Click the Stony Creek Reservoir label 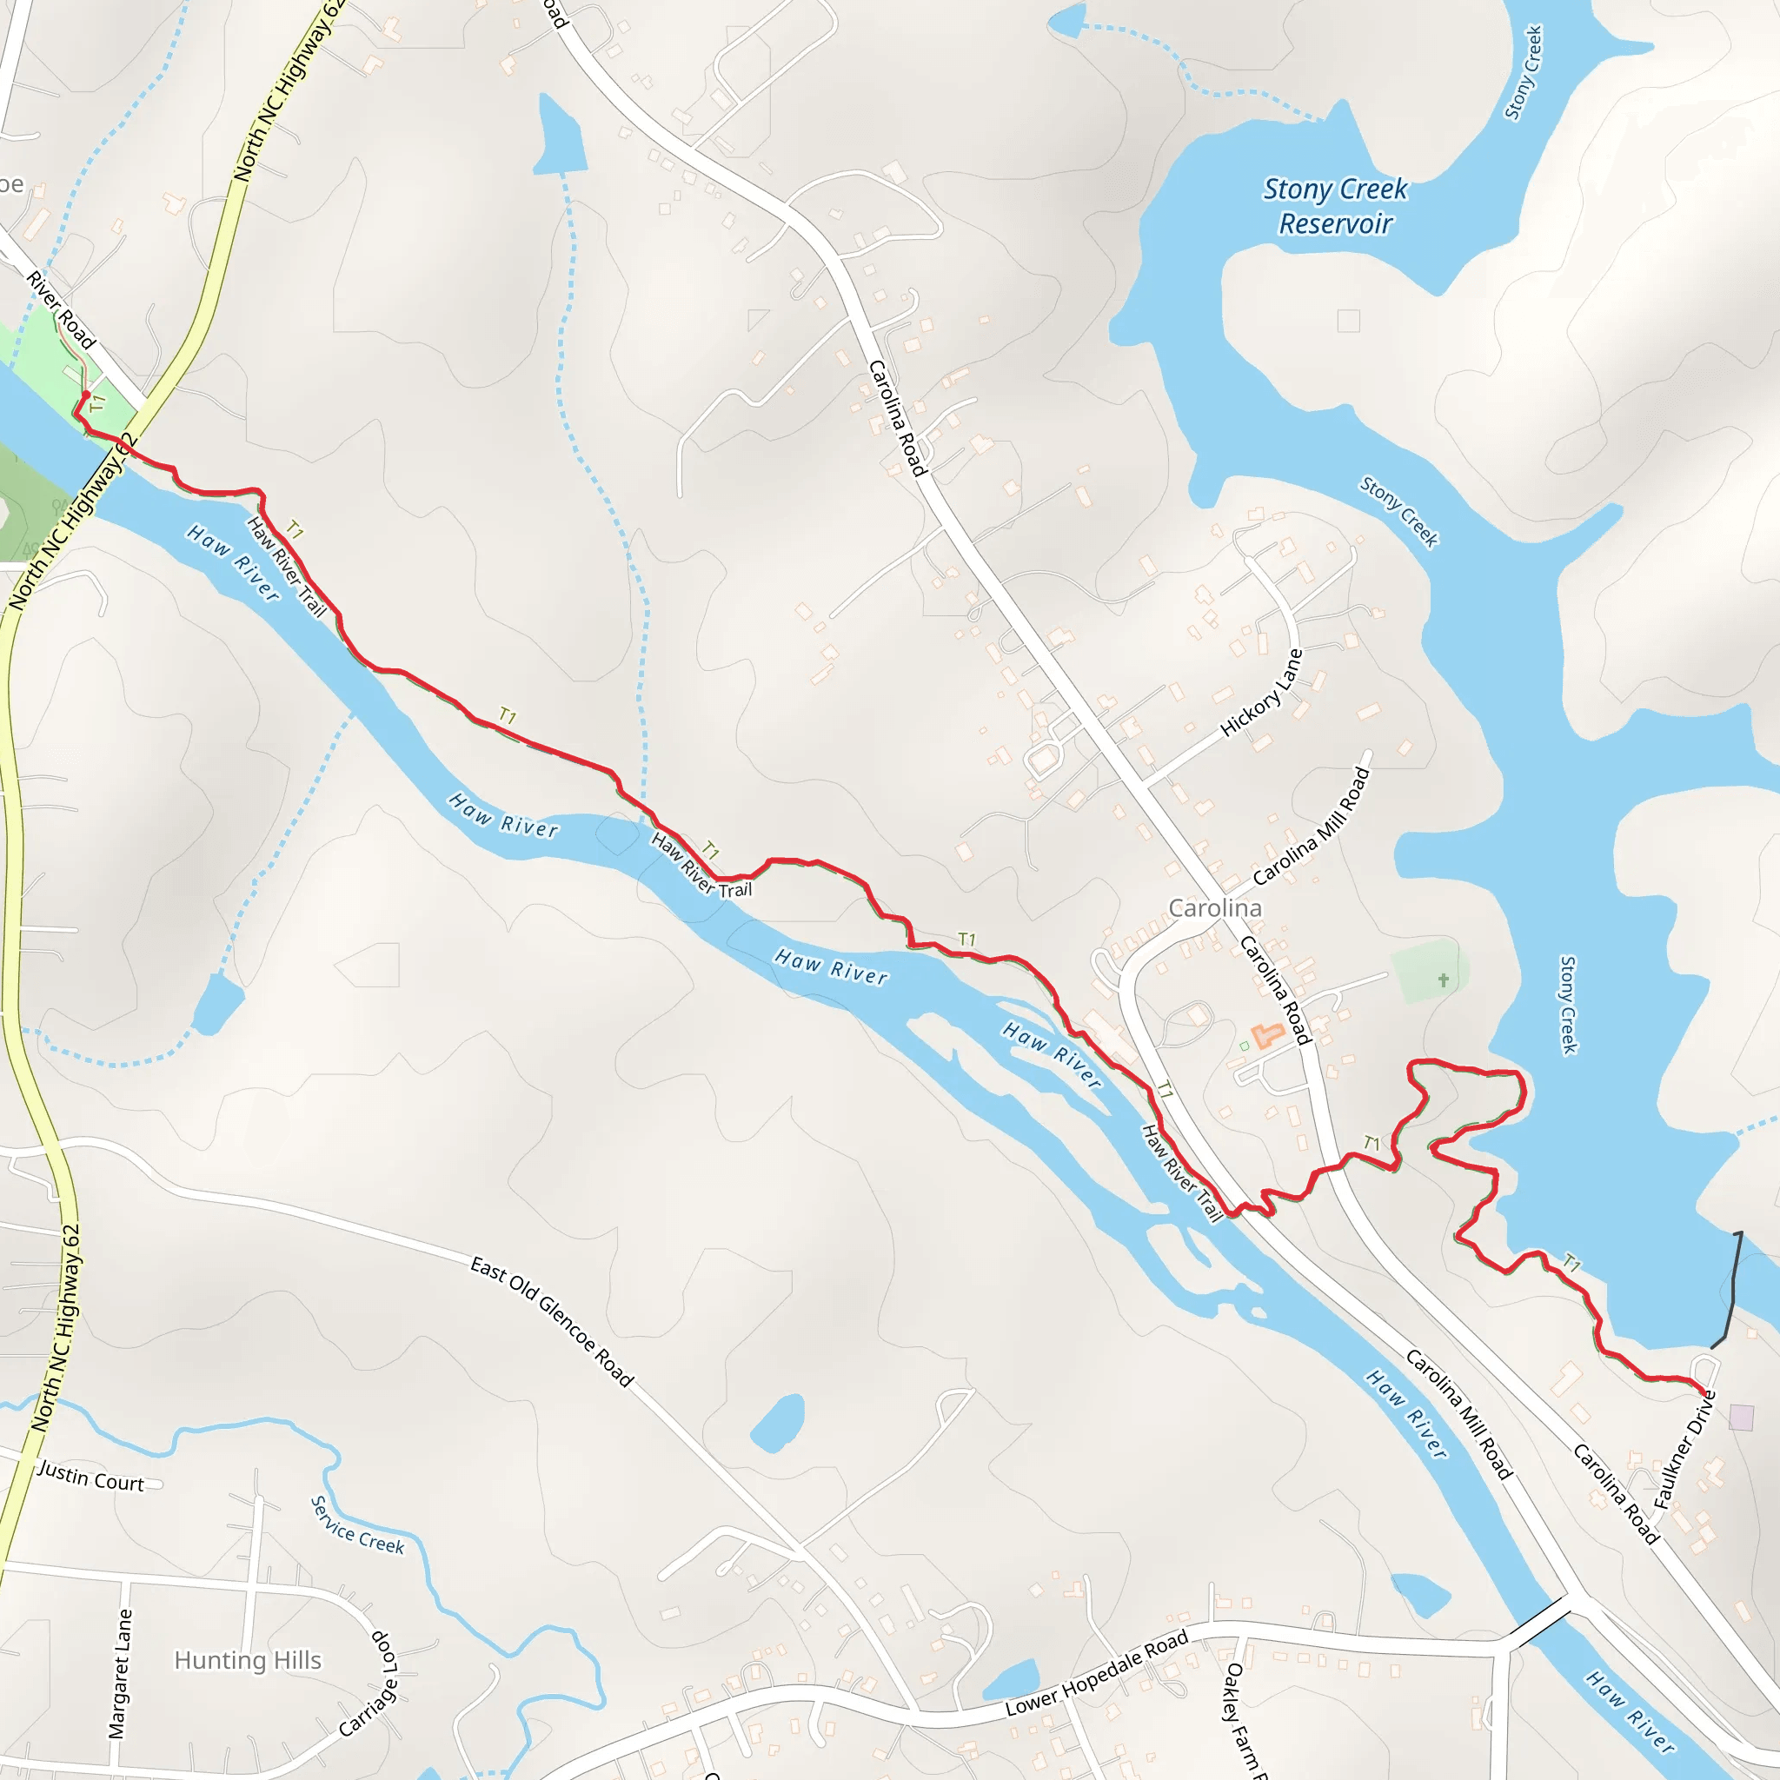(1335, 206)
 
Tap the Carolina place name (1214, 908)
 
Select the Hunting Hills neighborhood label (248, 1660)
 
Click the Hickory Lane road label (1261, 693)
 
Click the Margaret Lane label (120, 1674)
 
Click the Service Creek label (357, 1525)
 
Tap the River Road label (61, 309)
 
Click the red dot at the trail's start (86, 395)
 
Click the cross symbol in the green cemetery (1444, 980)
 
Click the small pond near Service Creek (777, 1424)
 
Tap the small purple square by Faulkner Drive (1741, 1417)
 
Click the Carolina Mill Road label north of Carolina (1312, 826)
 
